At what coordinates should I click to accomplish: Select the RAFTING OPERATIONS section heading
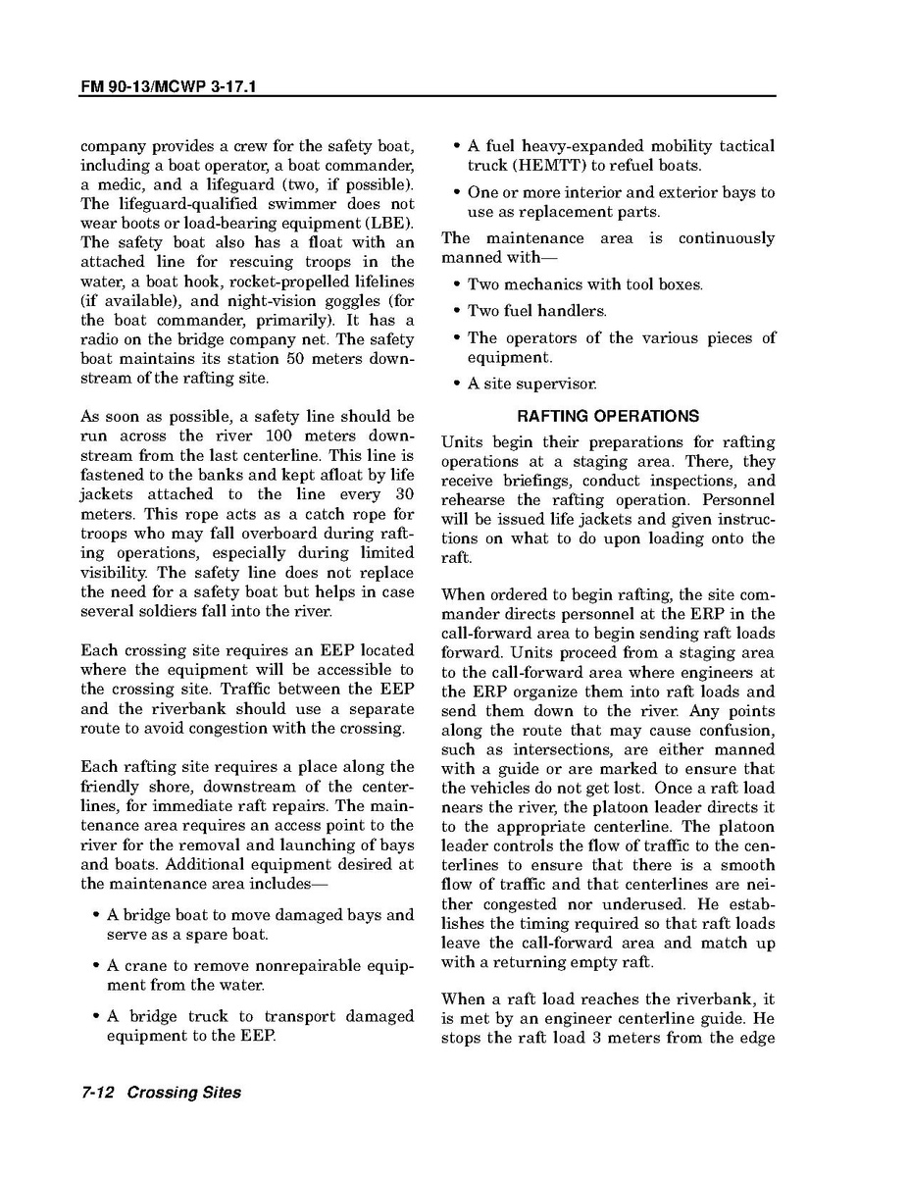tap(608, 416)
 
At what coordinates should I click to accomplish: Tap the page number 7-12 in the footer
tap(98, 1092)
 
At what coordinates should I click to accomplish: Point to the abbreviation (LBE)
tap(389, 223)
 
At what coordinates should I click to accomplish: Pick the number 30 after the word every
tap(404, 493)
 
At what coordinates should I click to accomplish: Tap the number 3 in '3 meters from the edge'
tap(595, 1039)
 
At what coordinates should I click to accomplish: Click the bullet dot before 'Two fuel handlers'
tap(456, 311)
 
